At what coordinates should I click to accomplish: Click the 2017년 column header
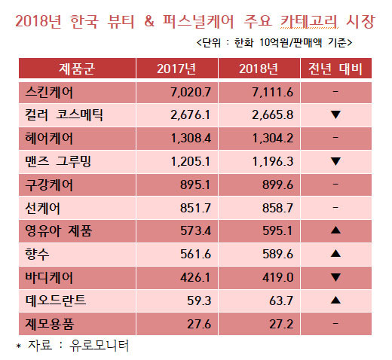click(x=176, y=69)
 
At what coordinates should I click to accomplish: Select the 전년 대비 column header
click(x=335, y=69)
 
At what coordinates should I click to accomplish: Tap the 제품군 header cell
click(x=77, y=69)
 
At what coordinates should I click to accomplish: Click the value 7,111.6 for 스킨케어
click(x=273, y=92)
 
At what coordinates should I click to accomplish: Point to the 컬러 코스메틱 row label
click(x=64, y=115)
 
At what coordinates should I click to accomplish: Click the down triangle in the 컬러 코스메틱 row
click(x=335, y=114)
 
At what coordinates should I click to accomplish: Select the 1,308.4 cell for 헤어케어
click(x=191, y=139)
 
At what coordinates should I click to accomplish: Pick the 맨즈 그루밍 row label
click(x=58, y=161)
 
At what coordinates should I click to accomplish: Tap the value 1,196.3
click(x=273, y=161)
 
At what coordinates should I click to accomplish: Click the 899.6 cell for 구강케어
click(x=277, y=185)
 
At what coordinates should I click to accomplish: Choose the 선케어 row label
click(x=42, y=208)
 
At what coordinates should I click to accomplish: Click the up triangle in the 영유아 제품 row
click(x=335, y=230)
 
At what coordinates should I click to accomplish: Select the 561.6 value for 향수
click(x=195, y=254)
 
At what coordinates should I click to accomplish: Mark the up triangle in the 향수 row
click(x=335, y=253)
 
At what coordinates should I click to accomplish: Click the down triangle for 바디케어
click(x=335, y=277)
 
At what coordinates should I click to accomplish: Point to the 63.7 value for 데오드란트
click(x=281, y=301)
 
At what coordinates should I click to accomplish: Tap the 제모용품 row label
click(x=50, y=324)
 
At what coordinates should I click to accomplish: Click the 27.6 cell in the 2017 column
click(x=199, y=324)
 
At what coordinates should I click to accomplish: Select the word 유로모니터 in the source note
click(x=100, y=346)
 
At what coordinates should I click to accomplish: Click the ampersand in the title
click(x=149, y=21)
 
